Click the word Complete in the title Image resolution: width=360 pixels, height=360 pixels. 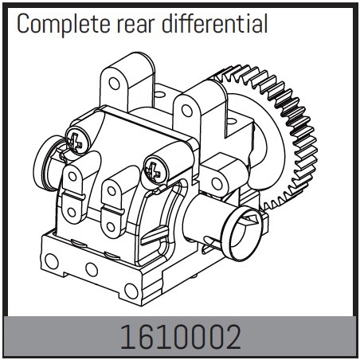point(64,24)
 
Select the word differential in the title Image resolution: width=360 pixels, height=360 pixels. point(214,23)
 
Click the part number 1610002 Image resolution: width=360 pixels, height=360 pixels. point(181,337)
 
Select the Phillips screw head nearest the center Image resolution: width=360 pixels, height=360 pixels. point(156,170)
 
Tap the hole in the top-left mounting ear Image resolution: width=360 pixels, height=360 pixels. point(114,84)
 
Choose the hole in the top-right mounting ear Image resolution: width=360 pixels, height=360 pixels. point(187,111)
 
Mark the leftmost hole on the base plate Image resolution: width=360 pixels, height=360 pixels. point(52,261)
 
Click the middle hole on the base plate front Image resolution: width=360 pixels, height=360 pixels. point(92,269)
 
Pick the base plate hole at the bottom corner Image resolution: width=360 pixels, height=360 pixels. point(131,291)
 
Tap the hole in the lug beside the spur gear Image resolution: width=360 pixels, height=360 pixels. point(217,184)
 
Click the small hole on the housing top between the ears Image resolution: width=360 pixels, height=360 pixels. point(159,94)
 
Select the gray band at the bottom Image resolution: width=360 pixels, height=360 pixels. point(181,336)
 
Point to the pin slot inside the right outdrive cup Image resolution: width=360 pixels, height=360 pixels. point(251,221)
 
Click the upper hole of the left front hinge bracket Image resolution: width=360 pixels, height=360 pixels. point(72,176)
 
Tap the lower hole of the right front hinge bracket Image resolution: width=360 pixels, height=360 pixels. point(111,226)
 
